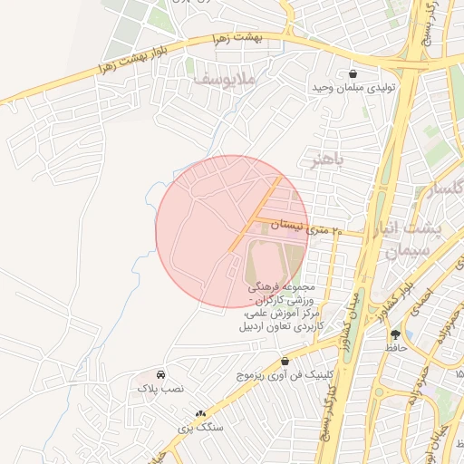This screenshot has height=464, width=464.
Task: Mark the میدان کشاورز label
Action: point(353,307)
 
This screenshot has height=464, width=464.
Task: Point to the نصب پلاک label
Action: point(160,388)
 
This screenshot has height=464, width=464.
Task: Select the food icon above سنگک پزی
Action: point(200,412)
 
